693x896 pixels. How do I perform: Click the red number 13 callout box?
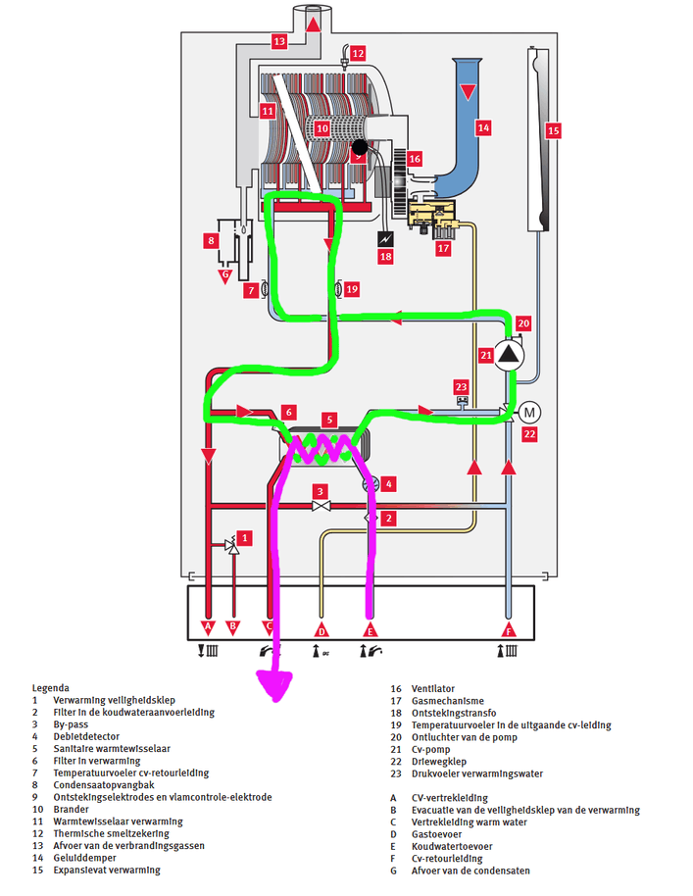click(279, 41)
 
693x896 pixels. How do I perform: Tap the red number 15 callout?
click(553, 129)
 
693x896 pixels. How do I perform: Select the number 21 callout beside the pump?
click(485, 354)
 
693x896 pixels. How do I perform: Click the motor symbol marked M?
click(530, 410)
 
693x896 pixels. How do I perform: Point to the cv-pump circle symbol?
click(508, 354)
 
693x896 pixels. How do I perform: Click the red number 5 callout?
click(330, 419)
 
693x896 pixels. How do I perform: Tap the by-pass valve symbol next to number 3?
click(320, 506)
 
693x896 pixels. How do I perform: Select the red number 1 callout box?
click(245, 537)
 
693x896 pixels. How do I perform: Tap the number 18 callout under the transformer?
click(385, 257)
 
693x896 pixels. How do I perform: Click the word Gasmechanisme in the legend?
click(447, 701)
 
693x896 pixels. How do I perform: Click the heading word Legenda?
click(50, 689)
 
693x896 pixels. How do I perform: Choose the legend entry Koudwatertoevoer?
click(452, 846)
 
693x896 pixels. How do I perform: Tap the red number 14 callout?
click(482, 126)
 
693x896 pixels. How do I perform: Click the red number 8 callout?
click(210, 239)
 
